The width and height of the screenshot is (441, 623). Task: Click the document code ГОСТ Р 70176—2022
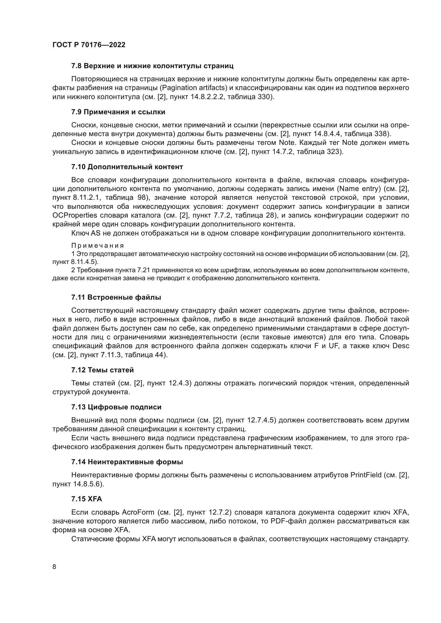89,45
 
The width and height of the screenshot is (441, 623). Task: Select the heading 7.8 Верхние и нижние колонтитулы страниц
152,66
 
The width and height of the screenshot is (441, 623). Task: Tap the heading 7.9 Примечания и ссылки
118,112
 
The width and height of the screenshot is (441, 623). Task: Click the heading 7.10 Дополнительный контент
127,166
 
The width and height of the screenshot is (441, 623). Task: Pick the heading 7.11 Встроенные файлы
116,298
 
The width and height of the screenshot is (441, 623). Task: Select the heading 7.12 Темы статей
102,370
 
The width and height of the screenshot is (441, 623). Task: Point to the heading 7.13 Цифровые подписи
116,407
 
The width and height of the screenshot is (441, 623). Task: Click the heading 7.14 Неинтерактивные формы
127,462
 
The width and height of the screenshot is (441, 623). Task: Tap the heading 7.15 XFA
87,499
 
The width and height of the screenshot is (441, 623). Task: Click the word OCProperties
75,215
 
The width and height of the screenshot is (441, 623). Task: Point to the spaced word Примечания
98,246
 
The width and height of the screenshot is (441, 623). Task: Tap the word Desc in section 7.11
400,346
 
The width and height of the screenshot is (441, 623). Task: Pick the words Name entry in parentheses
359,189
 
